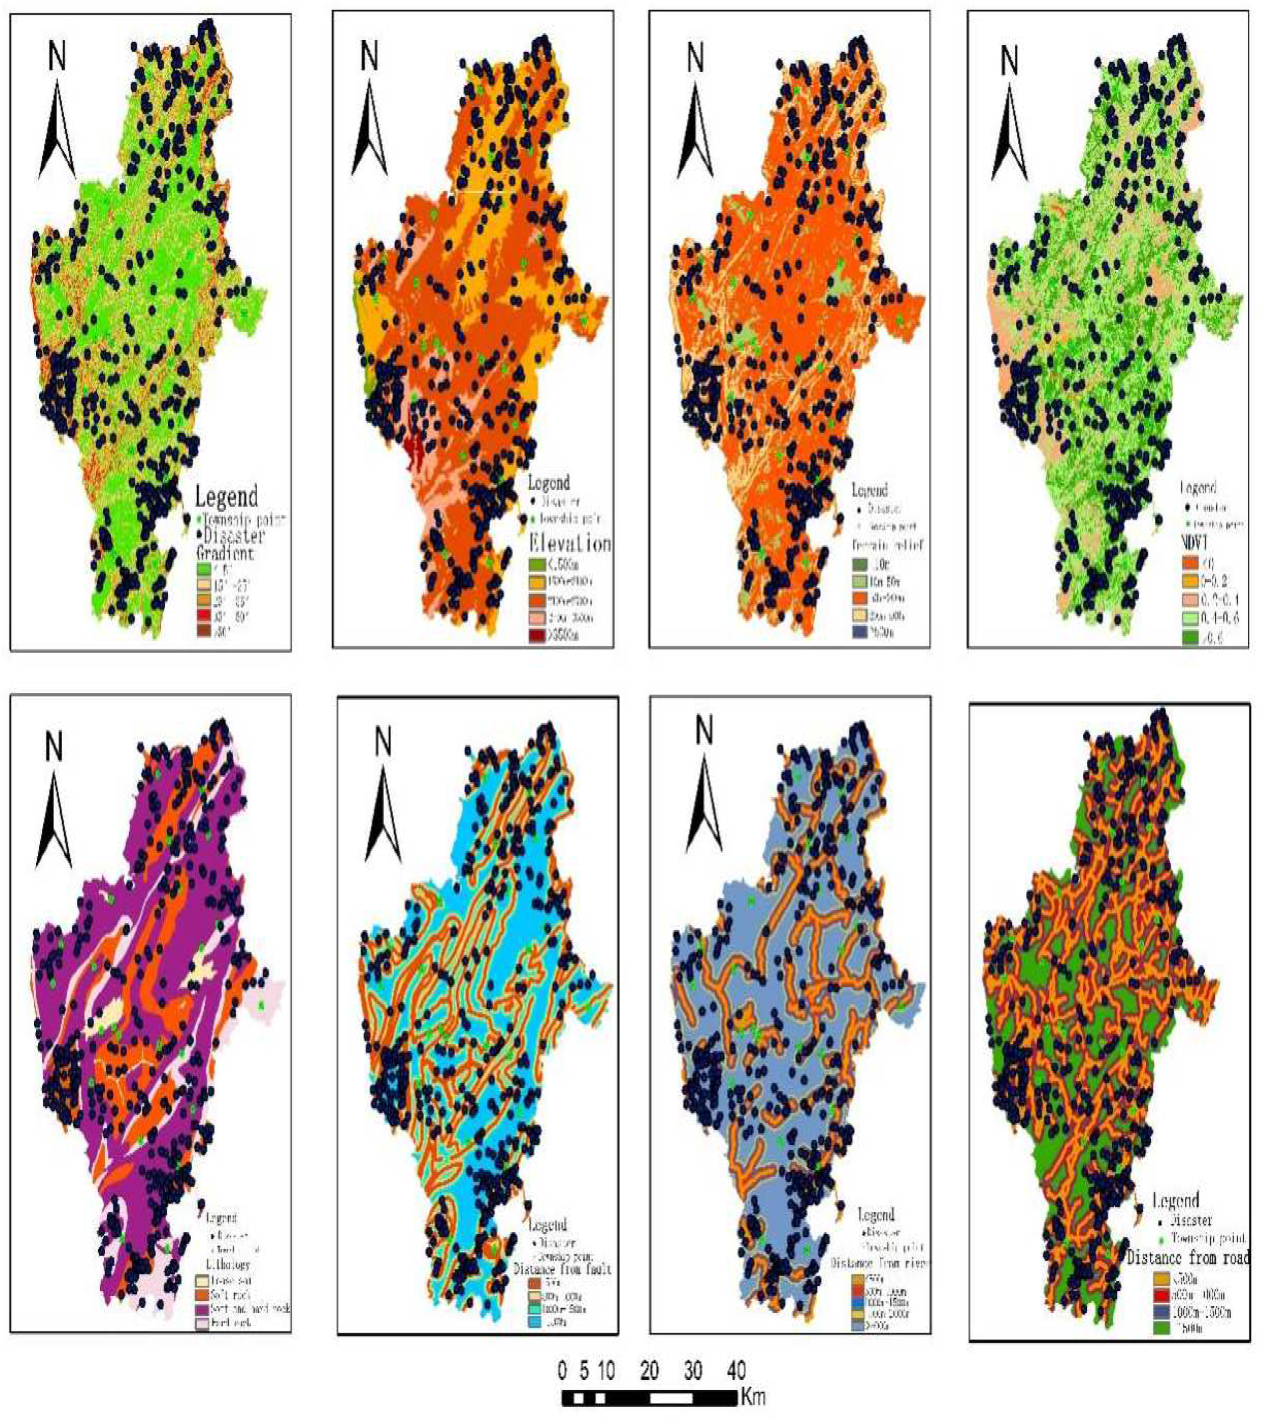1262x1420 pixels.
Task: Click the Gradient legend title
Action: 224,553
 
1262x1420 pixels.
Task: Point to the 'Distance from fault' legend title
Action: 562,1269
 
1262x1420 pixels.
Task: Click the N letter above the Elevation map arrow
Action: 369,57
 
